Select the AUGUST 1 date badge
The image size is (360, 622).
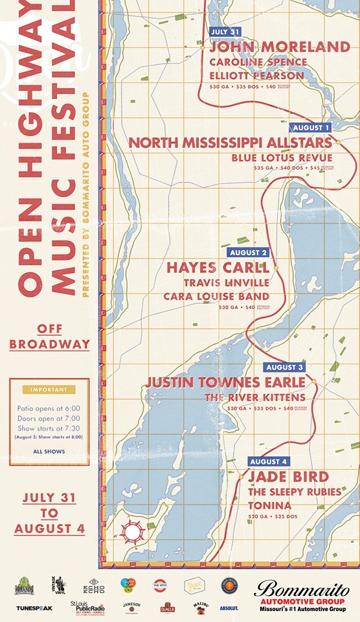coord(310,128)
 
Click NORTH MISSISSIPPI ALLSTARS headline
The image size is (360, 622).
coord(230,143)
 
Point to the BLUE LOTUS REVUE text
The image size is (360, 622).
coord(282,157)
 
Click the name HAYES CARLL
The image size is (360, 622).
coord(218,268)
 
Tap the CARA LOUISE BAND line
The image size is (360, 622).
coord(216,296)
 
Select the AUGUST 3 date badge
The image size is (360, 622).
coord(286,367)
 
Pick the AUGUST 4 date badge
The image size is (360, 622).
coord(268,461)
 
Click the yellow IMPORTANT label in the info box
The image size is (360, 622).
coord(49,389)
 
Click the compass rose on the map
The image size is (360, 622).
coord(133,532)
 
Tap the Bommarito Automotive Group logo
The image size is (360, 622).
coord(302,595)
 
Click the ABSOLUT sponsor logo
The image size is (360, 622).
coord(228,608)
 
